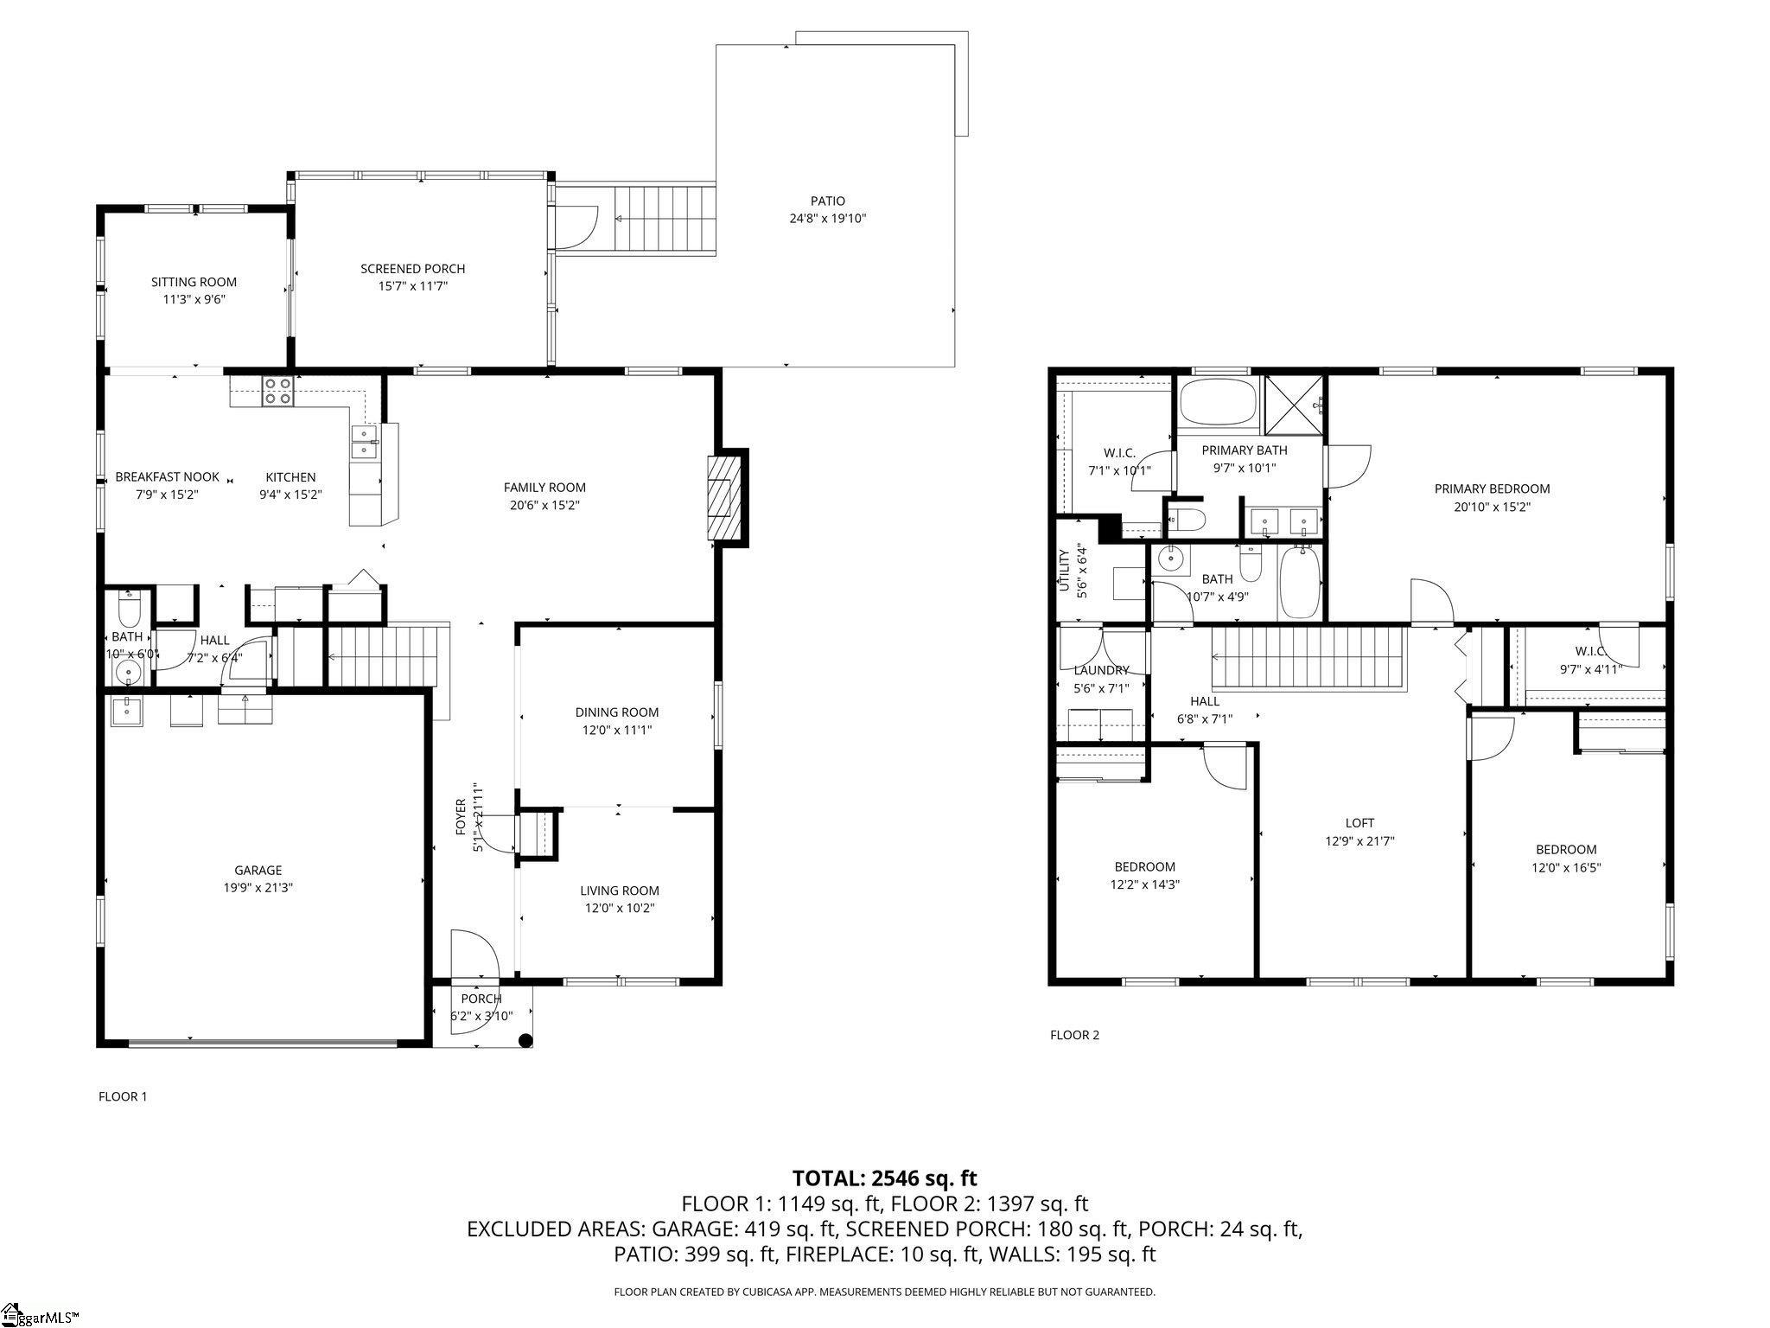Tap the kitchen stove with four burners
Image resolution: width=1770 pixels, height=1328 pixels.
point(277,392)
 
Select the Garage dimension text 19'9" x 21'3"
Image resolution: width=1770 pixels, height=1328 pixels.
point(258,887)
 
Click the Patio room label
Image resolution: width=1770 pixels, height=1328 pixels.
point(827,201)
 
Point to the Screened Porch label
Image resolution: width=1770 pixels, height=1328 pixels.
point(413,269)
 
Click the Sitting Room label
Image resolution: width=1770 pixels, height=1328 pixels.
point(194,282)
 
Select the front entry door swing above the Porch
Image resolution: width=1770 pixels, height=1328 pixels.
point(474,954)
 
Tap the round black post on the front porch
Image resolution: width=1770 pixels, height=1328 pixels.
point(525,1041)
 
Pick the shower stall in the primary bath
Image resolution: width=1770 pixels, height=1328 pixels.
point(1294,405)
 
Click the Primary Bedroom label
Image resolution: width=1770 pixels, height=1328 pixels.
point(1492,488)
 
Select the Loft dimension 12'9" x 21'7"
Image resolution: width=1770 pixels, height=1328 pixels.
point(1359,840)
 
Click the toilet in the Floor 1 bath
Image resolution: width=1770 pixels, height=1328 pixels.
point(129,610)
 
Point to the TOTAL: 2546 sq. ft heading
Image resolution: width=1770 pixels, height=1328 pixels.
point(884,1178)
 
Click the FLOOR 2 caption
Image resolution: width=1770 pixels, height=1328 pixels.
point(1074,1035)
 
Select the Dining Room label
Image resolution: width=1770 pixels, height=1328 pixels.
point(617,712)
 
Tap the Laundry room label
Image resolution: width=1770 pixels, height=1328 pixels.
point(1101,670)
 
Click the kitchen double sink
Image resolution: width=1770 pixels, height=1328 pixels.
point(364,442)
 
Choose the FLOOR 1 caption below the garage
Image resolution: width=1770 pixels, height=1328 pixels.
point(123,1096)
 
